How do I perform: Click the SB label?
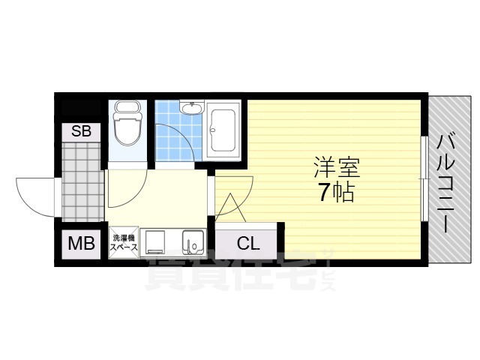click(81, 131)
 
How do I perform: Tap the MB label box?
click(81, 244)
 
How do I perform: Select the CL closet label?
click(248, 244)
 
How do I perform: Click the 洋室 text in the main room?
click(337, 167)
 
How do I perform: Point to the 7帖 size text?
click(337, 192)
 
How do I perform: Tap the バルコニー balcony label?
click(446, 184)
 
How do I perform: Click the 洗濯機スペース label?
click(124, 242)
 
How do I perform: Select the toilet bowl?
click(127, 129)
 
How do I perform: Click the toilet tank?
click(127, 106)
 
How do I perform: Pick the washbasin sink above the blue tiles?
click(192, 108)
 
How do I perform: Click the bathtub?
click(223, 130)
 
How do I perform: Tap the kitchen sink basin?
click(193, 241)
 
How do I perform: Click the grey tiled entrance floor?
click(82, 181)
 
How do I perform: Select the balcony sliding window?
click(424, 178)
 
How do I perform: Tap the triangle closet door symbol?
click(230, 208)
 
